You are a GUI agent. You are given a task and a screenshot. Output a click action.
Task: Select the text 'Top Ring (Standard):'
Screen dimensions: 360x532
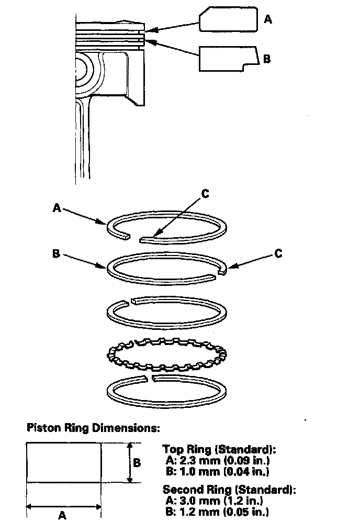219,450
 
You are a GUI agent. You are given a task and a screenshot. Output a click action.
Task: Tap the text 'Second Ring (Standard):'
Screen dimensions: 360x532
229,490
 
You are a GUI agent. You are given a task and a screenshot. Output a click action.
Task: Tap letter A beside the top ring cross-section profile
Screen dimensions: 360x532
268,19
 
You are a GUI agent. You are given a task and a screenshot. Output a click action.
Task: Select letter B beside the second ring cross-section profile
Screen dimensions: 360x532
266,59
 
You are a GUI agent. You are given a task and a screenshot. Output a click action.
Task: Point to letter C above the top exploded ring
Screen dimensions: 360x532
205,194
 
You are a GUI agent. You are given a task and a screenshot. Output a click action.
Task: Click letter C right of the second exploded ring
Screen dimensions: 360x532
278,253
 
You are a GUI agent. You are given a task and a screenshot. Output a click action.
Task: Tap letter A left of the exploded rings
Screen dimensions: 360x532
57,208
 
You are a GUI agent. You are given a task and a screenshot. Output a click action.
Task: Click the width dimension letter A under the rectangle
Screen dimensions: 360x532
62,515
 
